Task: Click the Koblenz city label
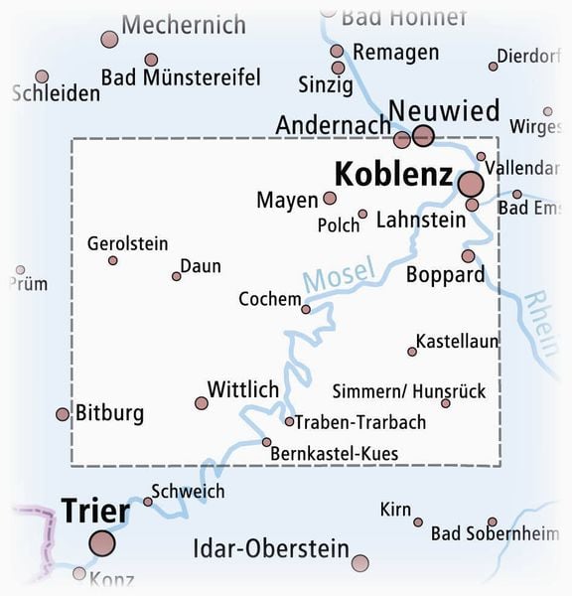pyautogui.click(x=393, y=175)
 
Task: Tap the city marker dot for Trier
pyautogui.click(x=101, y=542)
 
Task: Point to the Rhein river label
pyautogui.click(x=540, y=323)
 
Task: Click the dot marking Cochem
pyautogui.click(x=306, y=309)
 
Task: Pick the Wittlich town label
pyautogui.click(x=243, y=389)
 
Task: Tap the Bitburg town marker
pyautogui.click(x=63, y=413)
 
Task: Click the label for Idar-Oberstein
pyautogui.click(x=270, y=548)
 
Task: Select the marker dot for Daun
pyautogui.click(x=177, y=276)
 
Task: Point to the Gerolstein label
pyautogui.click(x=127, y=243)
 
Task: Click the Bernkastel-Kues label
pyautogui.click(x=334, y=453)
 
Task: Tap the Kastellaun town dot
pyautogui.click(x=412, y=352)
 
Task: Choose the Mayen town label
pyautogui.click(x=287, y=200)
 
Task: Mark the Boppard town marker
pyautogui.click(x=468, y=255)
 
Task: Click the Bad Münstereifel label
pyautogui.click(x=181, y=77)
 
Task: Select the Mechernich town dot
pyautogui.click(x=109, y=40)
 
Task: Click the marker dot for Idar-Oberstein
pyautogui.click(x=359, y=563)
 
